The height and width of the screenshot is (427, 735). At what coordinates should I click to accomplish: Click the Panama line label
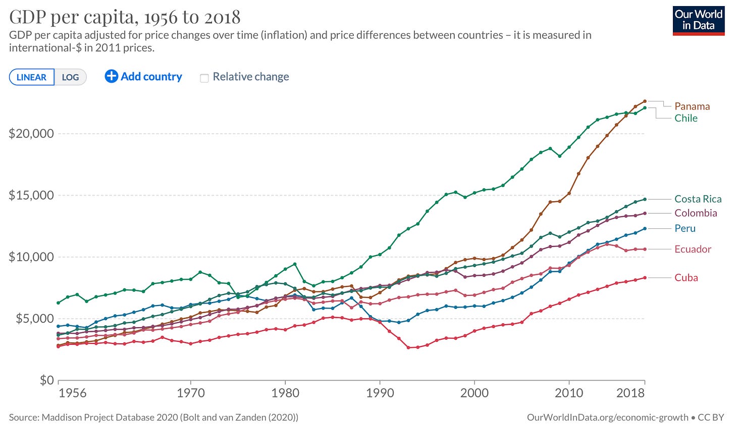692,106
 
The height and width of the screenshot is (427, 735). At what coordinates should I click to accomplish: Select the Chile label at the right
686,118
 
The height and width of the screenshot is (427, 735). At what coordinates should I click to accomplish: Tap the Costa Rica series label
698,199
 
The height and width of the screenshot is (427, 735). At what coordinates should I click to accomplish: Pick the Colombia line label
696,213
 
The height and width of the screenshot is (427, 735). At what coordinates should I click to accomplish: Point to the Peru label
685,228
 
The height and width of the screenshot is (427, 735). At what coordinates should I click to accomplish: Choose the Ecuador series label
693,249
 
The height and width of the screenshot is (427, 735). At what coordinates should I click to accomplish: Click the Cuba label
686,278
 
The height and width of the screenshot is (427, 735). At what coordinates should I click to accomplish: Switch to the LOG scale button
70,77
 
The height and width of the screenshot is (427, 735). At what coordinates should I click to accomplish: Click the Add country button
143,77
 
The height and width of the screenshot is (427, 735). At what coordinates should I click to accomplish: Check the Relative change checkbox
204,78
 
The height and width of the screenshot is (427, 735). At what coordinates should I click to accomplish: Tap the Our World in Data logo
698,20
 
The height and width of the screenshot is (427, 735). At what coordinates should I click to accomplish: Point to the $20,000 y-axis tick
31,134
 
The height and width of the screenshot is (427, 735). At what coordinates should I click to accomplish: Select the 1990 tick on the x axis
380,393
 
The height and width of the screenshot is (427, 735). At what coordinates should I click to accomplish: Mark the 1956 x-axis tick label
72,393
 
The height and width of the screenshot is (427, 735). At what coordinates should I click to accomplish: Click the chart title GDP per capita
125,17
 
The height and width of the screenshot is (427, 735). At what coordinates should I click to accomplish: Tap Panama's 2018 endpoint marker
645,101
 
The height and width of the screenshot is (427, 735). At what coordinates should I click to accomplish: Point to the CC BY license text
712,417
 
